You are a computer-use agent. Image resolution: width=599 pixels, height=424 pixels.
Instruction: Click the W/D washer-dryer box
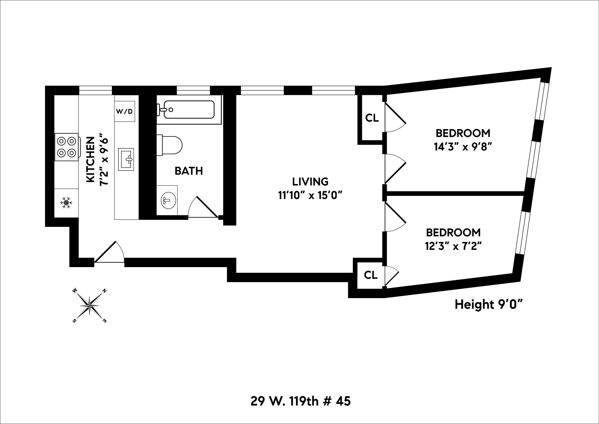[125, 112]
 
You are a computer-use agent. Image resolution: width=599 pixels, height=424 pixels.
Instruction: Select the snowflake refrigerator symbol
[66, 203]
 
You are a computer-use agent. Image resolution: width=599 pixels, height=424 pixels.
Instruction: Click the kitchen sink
[128, 159]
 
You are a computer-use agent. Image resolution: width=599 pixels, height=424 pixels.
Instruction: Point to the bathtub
[189, 110]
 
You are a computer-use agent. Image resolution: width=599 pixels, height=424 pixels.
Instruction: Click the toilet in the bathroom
[171, 144]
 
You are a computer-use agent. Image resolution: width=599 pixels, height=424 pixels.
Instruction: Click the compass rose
[90, 305]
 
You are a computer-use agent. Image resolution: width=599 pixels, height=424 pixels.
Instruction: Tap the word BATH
[189, 171]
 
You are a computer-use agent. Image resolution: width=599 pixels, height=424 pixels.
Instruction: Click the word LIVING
[310, 181]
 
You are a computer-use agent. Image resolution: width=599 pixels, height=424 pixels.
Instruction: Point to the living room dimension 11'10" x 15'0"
[310, 195]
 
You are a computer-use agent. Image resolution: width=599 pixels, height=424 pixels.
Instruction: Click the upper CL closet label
[372, 118]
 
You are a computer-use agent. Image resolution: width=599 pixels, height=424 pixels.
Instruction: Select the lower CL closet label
[370, 275]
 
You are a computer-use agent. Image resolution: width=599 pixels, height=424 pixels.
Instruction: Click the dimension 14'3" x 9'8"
[462, 147]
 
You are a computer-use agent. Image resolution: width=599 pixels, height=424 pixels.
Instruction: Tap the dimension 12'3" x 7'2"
[453, 246]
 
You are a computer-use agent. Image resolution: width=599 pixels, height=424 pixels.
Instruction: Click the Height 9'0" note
[488, 305]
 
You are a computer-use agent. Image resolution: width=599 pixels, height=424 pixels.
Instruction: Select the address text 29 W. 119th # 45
[300, 401]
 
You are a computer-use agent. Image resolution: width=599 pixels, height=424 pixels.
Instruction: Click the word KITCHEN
[91, 159]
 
